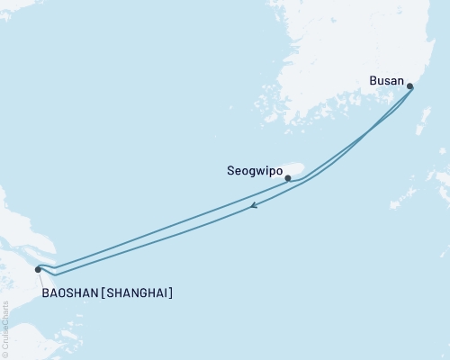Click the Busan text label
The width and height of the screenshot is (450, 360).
click(387, 79)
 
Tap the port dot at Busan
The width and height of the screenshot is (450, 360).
click(410, 87)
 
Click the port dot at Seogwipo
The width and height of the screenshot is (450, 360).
click(288, 178)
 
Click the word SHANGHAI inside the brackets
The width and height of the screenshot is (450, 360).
click(138, 293)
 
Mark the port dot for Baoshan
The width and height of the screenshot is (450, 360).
click(38, 269)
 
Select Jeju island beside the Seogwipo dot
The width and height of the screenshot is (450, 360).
click(295, 169)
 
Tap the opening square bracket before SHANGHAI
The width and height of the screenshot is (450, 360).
click(103, 293)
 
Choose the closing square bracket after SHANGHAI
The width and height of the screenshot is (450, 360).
click(171, 293)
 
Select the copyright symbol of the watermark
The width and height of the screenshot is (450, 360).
click(4, 353)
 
